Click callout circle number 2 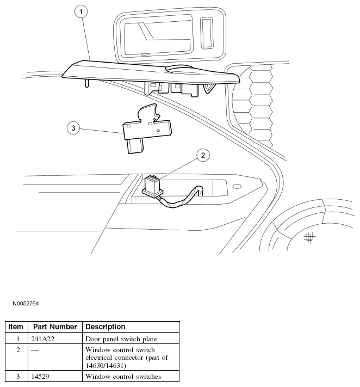point(202,156)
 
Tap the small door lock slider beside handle point(207,34)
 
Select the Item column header point(16,327)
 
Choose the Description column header point(105,327)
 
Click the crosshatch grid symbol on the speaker point(309,237)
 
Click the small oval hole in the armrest point(237,187)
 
